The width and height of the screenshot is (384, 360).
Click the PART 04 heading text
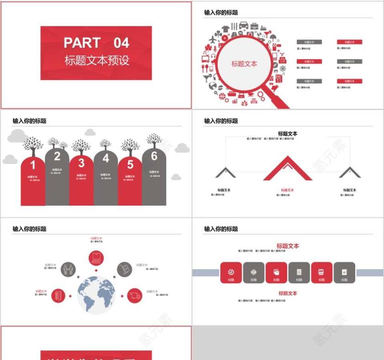point(96,43)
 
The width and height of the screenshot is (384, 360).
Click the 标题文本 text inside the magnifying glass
point(244,64)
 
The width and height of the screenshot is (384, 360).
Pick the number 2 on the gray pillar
point(57,157)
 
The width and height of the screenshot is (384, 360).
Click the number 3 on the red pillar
point(81,163)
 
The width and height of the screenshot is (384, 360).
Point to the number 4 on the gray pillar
point(106,159)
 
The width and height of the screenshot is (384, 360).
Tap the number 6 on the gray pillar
point(154,156)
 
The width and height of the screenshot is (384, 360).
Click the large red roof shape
point(288,168)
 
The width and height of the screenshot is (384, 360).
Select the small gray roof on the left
point(225,172)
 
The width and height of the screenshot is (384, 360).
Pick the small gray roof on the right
point(350,172)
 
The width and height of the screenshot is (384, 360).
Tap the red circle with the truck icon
point(134,296)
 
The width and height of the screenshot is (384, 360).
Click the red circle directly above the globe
point(96,257)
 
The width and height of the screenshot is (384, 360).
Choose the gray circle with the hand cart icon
point(124,269)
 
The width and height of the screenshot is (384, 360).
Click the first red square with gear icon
point(231,273)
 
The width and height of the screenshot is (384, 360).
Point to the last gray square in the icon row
point(344,273)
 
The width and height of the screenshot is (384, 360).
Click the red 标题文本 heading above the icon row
point(288,246)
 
